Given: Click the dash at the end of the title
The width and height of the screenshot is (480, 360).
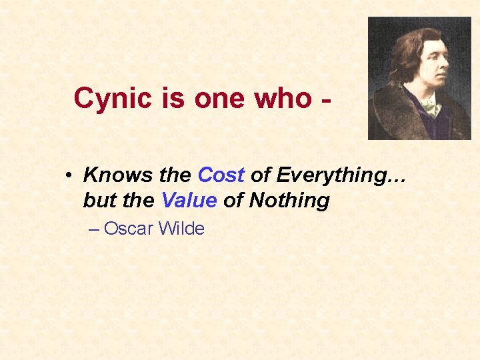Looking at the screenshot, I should pos(326,100).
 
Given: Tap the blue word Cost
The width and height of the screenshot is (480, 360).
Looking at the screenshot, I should pos(221,175).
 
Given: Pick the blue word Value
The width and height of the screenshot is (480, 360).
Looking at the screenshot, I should pos(189,201).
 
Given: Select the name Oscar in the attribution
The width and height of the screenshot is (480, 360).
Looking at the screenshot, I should pos(130,229).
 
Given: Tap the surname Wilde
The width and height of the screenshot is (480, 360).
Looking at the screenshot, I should pos(182,229).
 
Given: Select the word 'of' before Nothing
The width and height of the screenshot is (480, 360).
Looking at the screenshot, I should pos(233,201).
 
